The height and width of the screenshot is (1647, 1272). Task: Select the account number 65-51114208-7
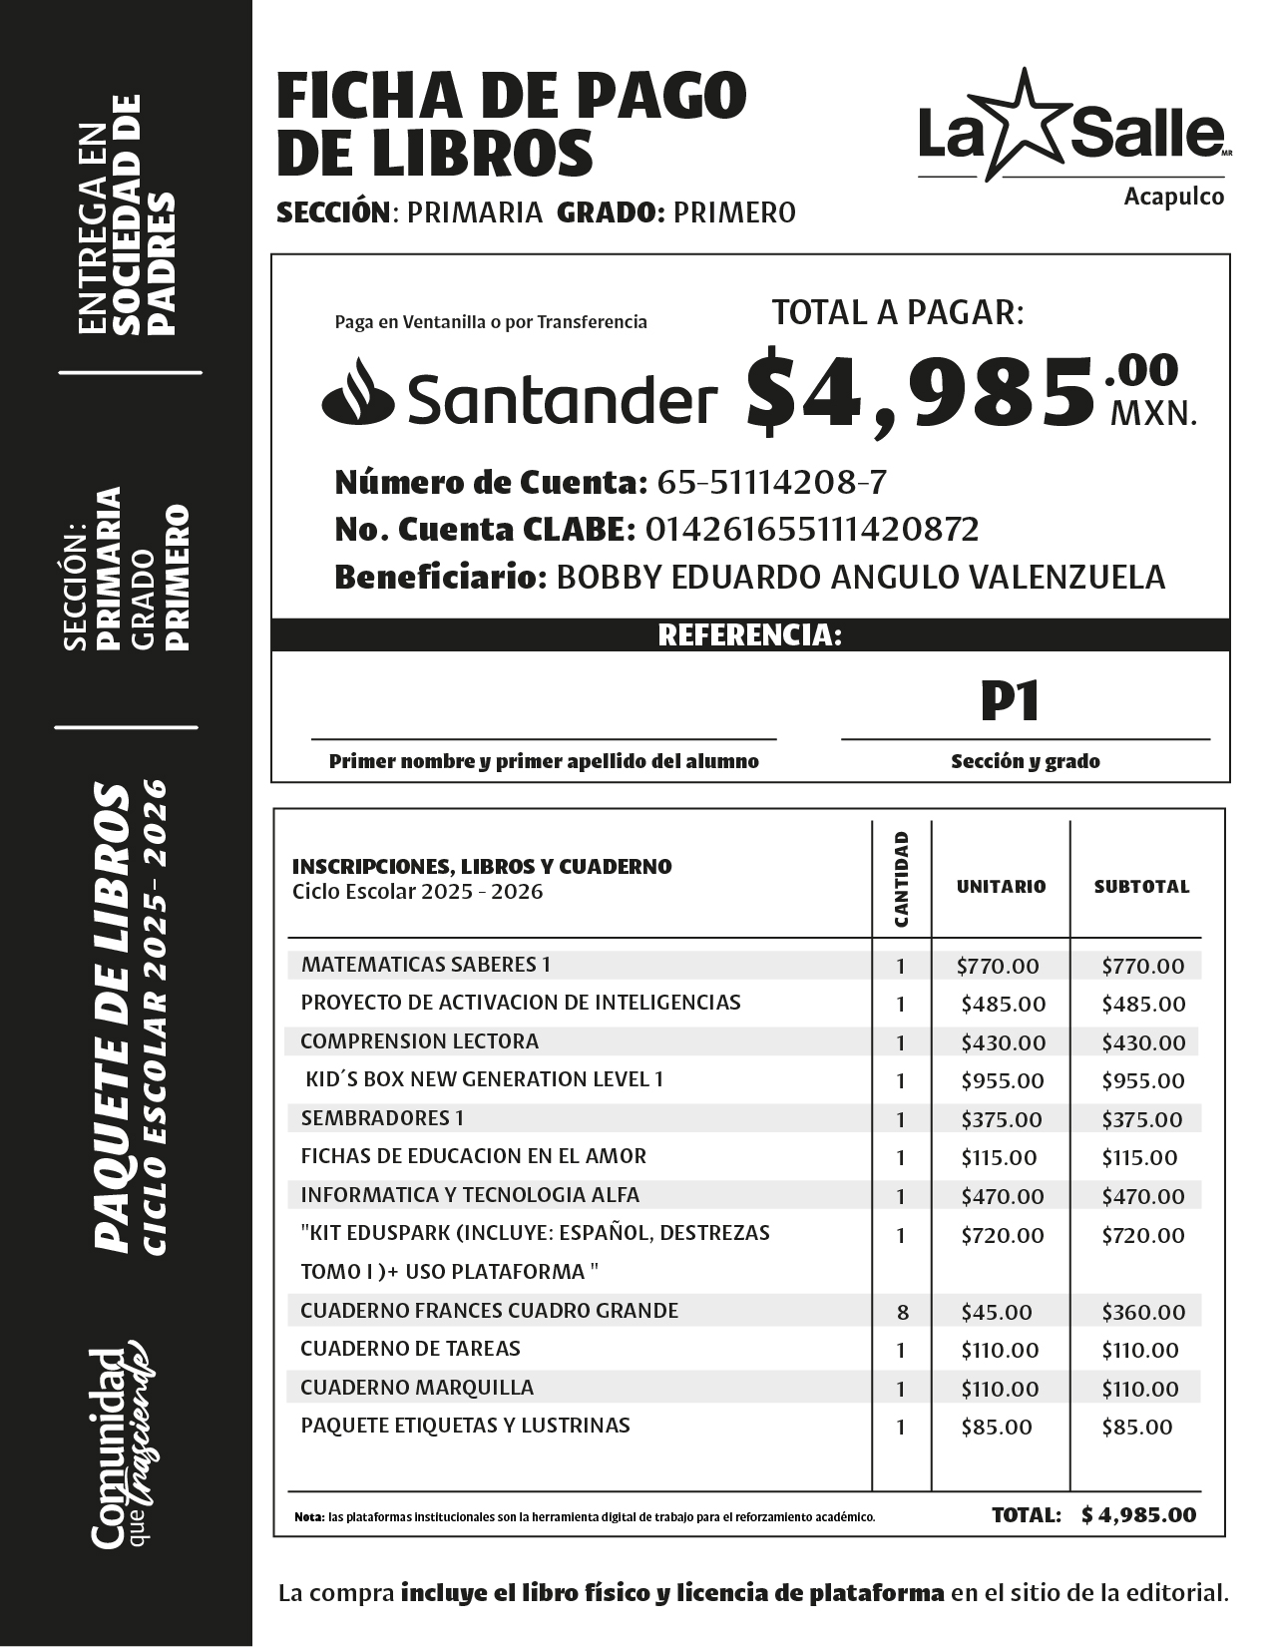click(x=771, y=483)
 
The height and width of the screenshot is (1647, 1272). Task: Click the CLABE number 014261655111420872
click(x=812, y=529)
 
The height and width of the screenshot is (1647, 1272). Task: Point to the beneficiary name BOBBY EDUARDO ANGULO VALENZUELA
click(x=859, y=577)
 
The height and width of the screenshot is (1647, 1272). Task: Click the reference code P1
click(x=1010, y=701)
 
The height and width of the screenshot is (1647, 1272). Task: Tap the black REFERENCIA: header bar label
click(x=749, y=635)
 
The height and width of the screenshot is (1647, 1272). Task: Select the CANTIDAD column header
click(x=901, y=879)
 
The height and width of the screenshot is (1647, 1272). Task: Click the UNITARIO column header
click(x=1001, y=886)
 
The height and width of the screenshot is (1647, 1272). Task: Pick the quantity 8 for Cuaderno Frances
click(x=902, y=1312)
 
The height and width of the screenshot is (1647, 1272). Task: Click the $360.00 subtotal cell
click(x=1143, y=1312)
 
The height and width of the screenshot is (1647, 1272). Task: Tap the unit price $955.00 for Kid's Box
click(x=1003, y=1080)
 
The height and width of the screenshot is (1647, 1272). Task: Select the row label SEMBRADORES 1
click(x=382, y=1117)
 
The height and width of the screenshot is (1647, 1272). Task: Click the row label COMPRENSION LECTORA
click(x=419, y=1040)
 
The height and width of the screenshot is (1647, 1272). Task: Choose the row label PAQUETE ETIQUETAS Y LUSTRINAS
click(x=465, y=1425)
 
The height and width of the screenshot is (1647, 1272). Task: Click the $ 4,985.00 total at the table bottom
click(x=1138, y=1514)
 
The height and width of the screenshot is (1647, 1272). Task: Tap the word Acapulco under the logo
click(x=1173, y=198)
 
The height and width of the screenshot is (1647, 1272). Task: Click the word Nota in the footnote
click(x=308, y=1517)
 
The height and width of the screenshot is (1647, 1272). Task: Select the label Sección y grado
click(x=1025, y=761)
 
